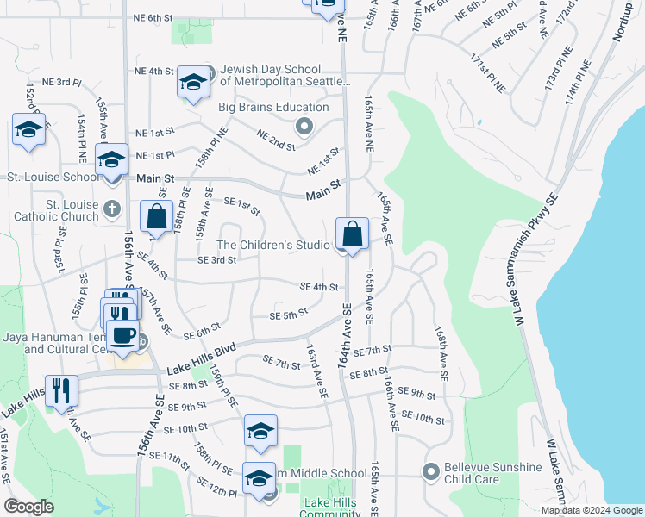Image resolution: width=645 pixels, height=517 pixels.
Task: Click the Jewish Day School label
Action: click(285, 75)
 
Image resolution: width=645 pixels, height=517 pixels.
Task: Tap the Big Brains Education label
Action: click(273, 108)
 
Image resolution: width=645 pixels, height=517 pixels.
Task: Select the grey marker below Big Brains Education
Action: click(304, 128)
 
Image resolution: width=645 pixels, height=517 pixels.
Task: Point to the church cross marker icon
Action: click(112, 209)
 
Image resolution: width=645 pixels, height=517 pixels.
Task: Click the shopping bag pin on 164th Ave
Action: click(353, 234)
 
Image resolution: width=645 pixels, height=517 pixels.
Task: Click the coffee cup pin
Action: click(122, 336)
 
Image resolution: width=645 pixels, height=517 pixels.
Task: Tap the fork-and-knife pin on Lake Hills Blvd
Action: click(60, 389)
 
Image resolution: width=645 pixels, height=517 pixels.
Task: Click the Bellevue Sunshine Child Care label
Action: click(493, 473)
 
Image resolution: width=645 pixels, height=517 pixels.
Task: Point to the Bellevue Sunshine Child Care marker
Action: click(430, 472)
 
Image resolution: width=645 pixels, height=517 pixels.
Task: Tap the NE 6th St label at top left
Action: click(153, 17)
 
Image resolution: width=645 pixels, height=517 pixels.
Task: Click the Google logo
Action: click(29, 507)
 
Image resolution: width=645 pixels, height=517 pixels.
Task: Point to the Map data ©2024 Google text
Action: click(592, 510)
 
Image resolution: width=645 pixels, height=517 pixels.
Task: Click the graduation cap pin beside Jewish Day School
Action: click(193, 82)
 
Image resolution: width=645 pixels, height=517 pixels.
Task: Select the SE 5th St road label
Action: click(288, 315)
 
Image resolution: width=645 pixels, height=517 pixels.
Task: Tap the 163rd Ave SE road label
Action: click(316, 371)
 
